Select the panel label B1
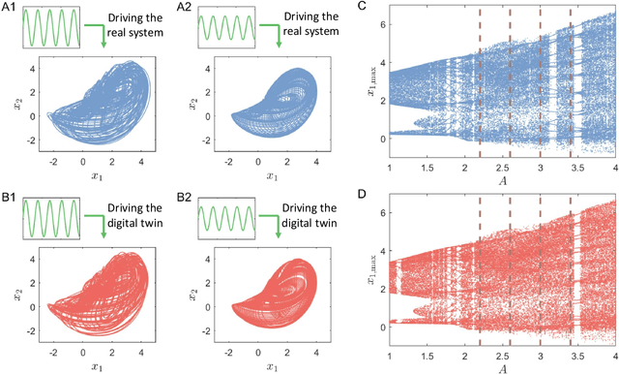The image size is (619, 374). pyautogui.click(x=11, y=192)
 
